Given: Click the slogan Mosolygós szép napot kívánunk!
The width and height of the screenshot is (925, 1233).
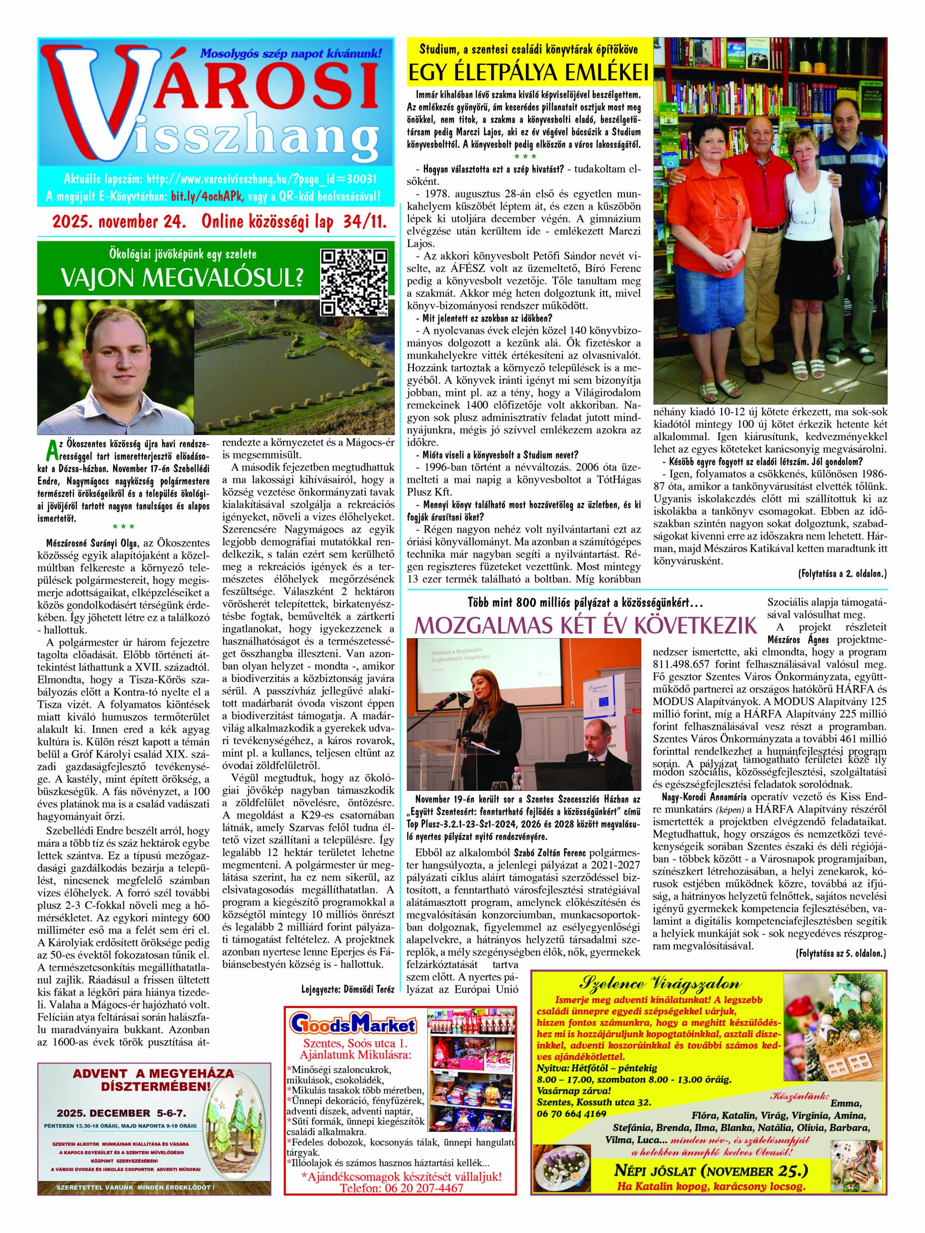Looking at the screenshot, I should [x=291, y=53].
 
